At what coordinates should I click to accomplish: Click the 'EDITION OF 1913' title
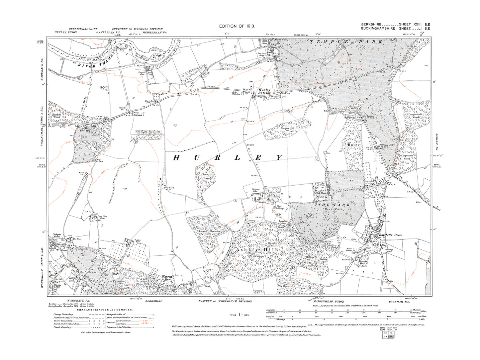237,26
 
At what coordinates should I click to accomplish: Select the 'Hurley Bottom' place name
264,91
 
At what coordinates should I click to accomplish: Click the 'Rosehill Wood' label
55,116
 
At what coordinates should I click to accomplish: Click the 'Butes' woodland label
354,145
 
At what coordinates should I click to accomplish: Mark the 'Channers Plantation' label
205,231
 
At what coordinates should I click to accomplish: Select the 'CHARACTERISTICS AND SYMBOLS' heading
105,310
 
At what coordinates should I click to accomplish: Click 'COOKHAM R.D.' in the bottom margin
400,302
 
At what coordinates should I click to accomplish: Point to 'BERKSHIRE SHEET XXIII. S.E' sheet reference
395,25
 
